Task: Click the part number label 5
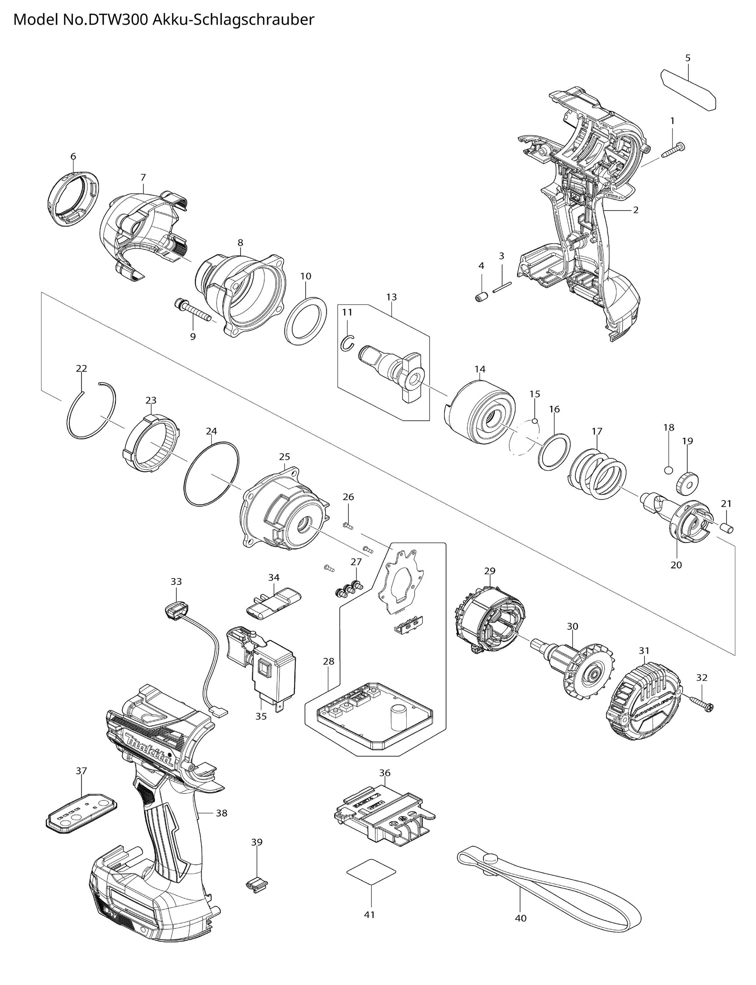pyautogui.click(x=688, y=58)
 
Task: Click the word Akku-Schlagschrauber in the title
pyautogui.click(x=233, y=20)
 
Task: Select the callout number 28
pyautogui.click(x=329, y=661)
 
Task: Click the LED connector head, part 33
pyautogui.click(x=176, y=612)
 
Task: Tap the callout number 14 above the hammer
pyautogui.click(x=480, y=370)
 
